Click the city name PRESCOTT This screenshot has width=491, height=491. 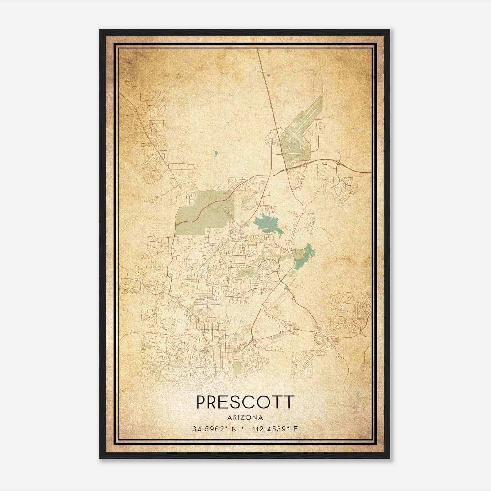pos(245,402)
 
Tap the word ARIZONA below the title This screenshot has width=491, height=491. pos(245,418)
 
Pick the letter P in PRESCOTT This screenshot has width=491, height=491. pos(201,402)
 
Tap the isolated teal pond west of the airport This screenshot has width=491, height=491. pos(216,153)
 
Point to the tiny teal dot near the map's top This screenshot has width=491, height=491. pos(269,75)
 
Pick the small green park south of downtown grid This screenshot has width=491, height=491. pos(236,367)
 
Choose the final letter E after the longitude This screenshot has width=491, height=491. pos(296,429)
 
